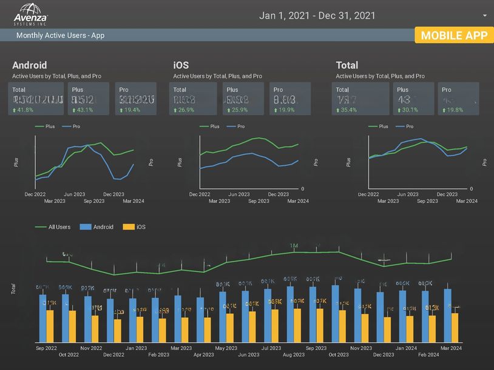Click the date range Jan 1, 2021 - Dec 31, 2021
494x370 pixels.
(317, 16)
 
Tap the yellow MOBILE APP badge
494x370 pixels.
(454, 35)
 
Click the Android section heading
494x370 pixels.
(29, 65)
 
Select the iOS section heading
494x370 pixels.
(181, 65)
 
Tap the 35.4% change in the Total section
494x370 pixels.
(347, 110)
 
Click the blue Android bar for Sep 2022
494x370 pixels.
(42, 318)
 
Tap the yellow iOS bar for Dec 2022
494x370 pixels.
(118, 330)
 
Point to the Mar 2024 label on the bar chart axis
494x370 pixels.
(451, 348)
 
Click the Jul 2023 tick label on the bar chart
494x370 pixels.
(271, 348)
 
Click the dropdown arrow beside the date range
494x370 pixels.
(485, 16)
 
